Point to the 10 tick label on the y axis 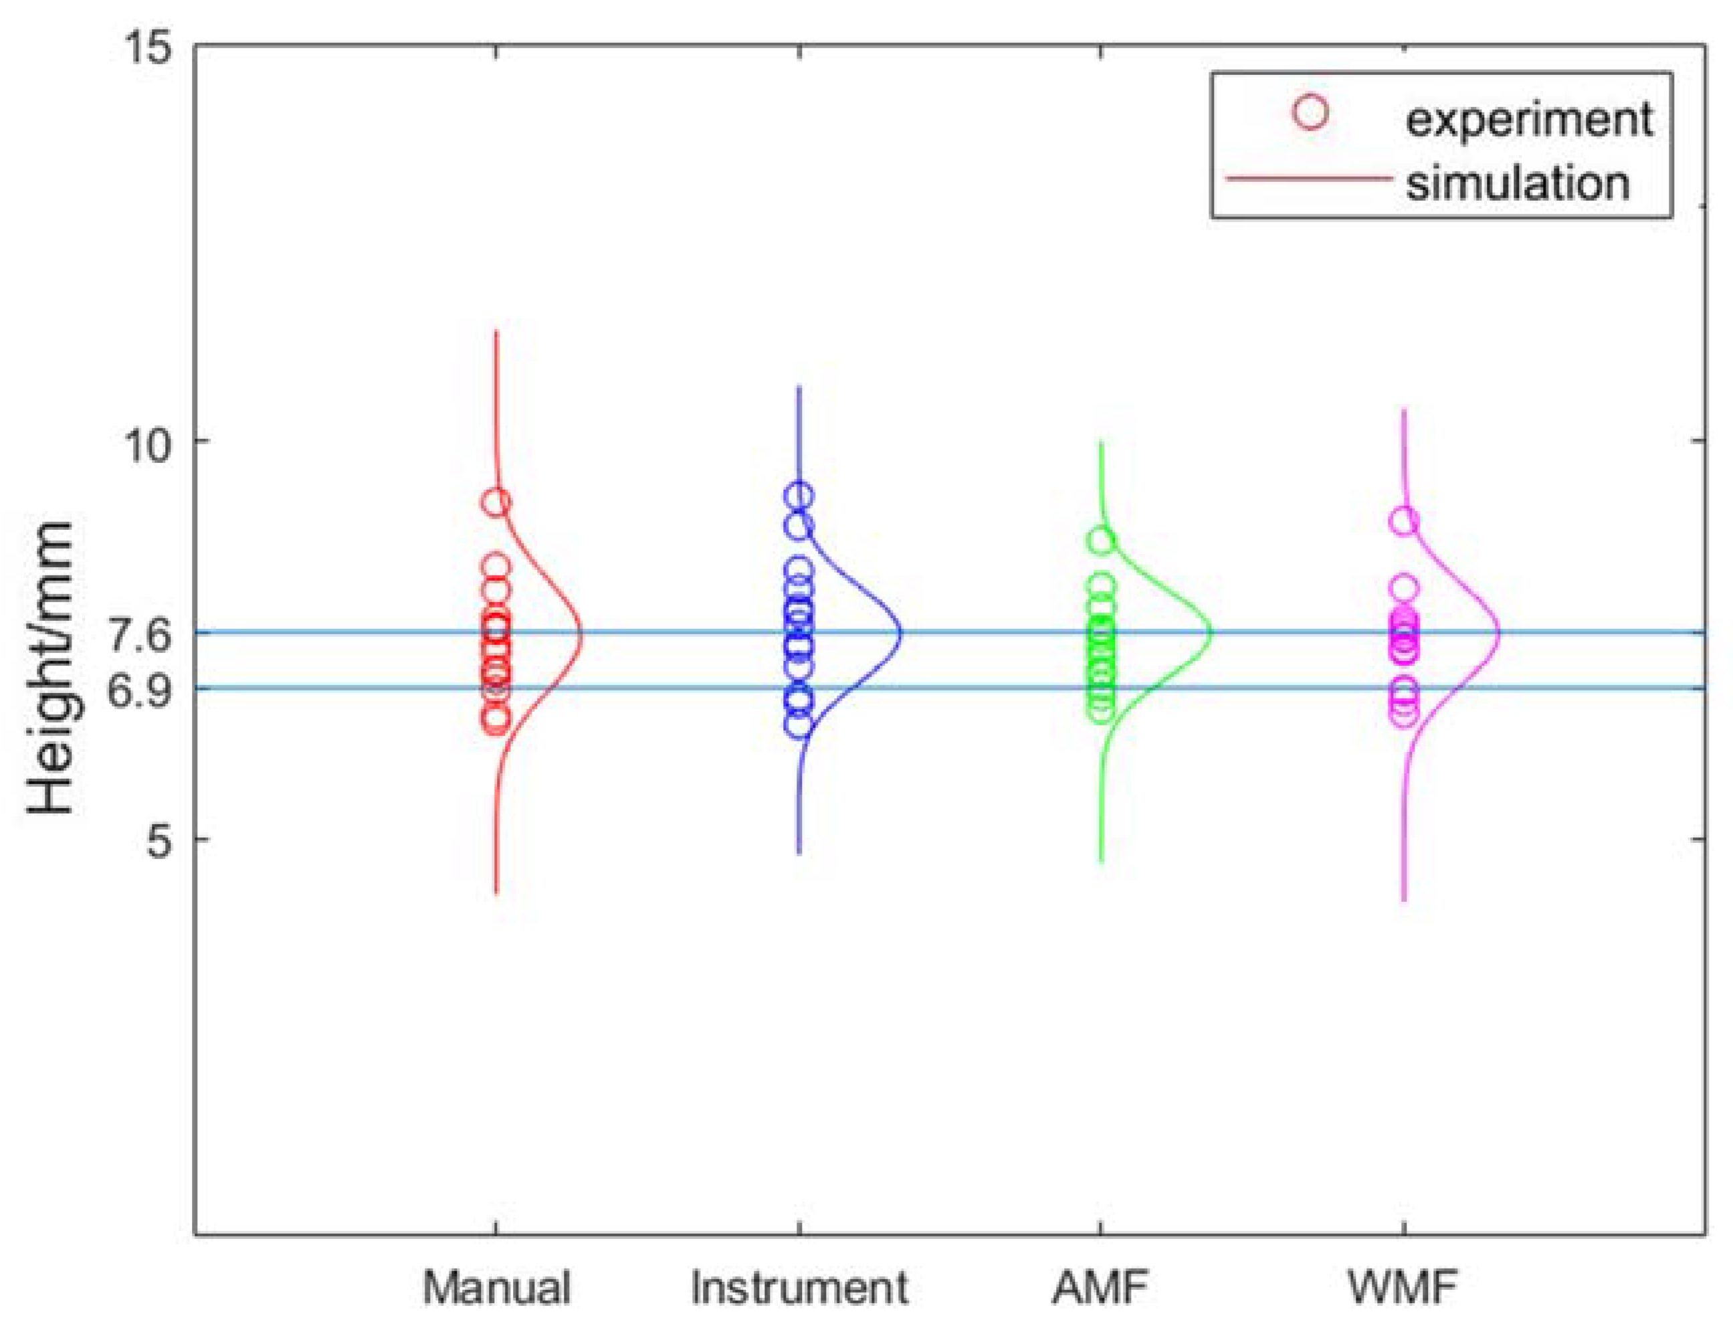(148, 445)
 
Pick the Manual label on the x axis (496, 1289)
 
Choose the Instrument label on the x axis (799, 1289)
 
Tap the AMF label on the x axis (1100, 1289)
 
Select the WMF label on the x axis (1403, 1289)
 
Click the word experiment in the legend (1528, 120)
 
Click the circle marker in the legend (1310, 113)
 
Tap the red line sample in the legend (1308, 179)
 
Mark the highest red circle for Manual (496, 502)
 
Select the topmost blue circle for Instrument (799, 496)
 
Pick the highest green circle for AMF (1101, 541)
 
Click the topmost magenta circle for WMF (1403, 522)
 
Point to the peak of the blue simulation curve (900, 634)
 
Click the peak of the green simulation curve (1211, 633)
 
